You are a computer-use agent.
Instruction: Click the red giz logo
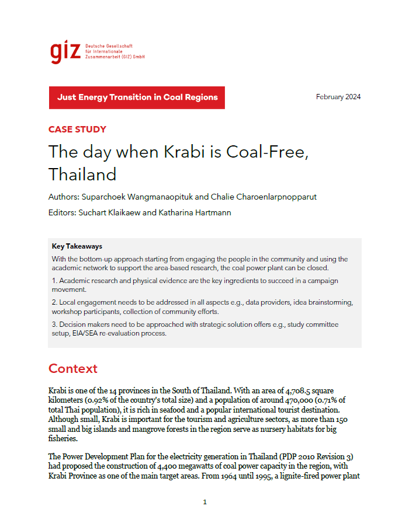point(65,51)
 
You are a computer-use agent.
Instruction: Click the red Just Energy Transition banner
point(137,97)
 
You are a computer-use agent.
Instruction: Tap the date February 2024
point(338,97)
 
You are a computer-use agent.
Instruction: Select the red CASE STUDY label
point(77,130)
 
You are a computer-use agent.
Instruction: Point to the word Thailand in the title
point(82,174)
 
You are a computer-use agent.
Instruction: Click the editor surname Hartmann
point(213,212)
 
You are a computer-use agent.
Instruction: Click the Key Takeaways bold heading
point(77,246)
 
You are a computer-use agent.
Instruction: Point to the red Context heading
point(72,369)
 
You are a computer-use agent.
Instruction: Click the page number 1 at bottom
point(204,502)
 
